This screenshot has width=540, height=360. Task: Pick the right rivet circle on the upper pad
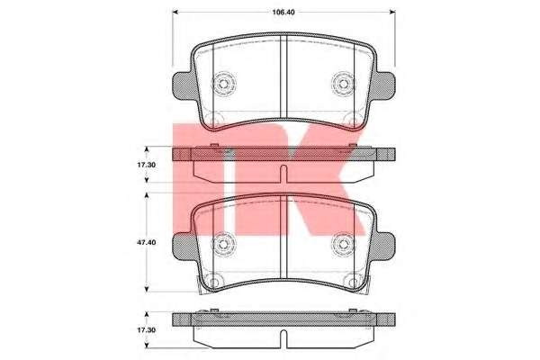click(343, 85)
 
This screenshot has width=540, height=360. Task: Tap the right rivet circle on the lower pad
click(343, 242)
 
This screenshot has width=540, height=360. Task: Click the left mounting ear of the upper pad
click(180, 87)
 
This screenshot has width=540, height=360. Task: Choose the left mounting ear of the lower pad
click(180, 245)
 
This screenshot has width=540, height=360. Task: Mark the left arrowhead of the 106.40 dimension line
click(175, 13)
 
